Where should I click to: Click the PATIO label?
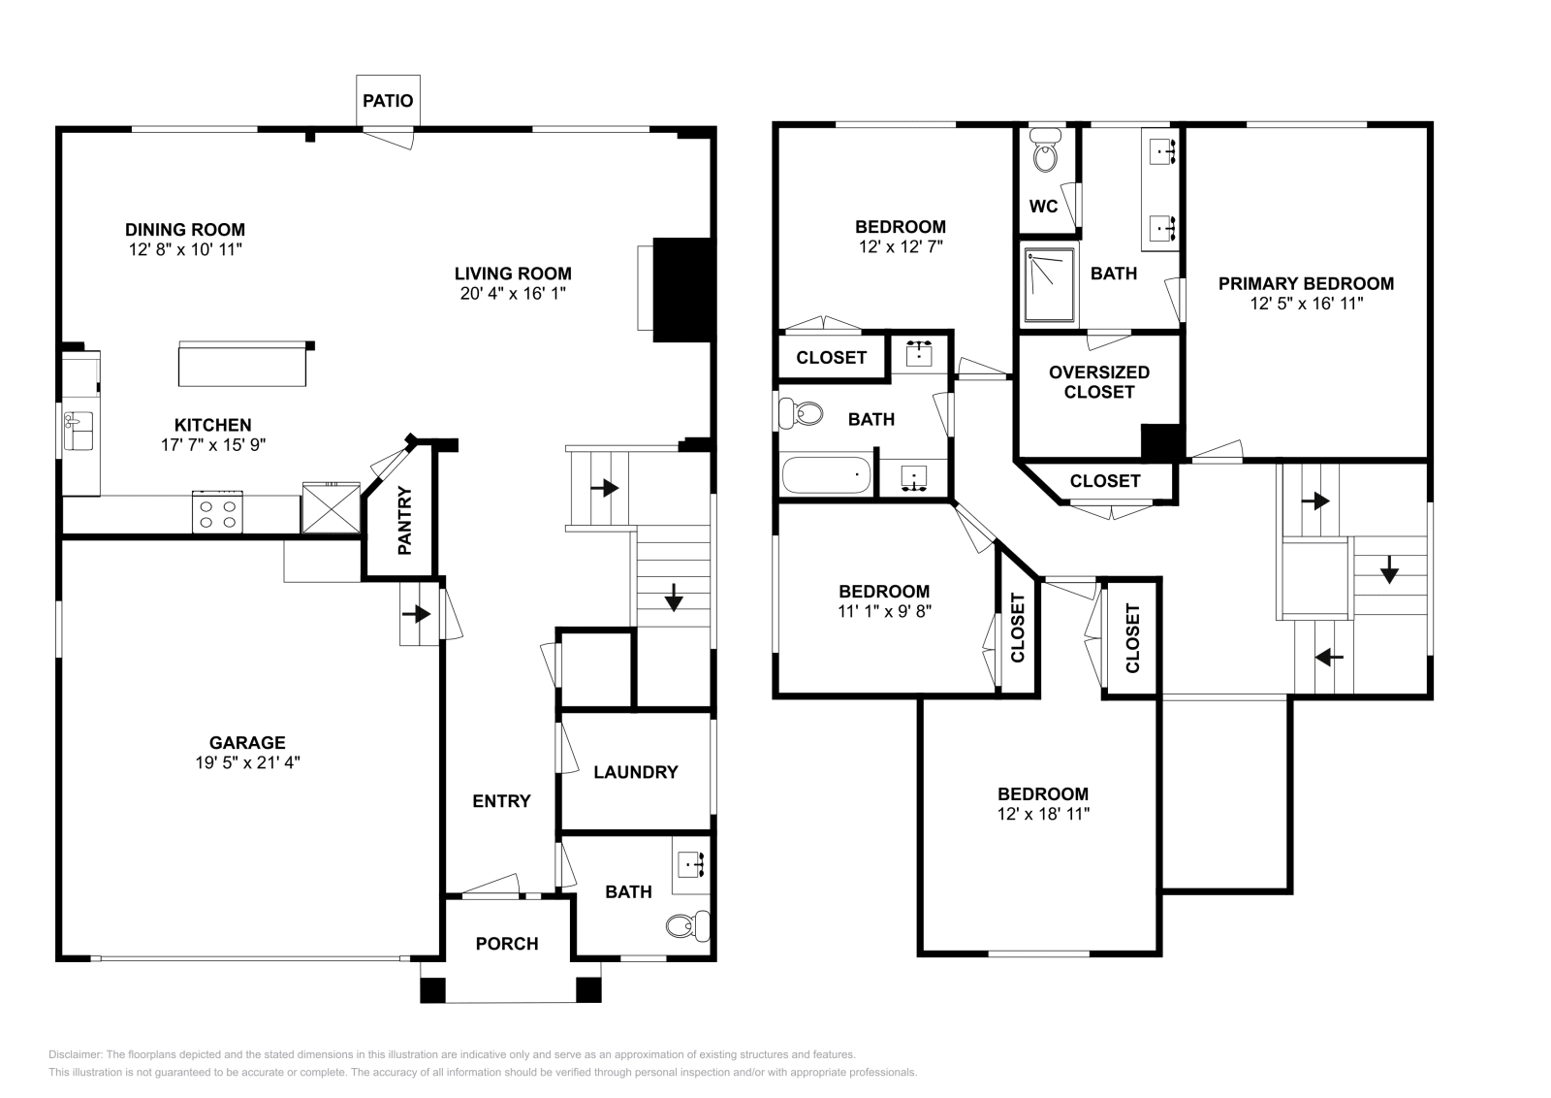click(388, 101)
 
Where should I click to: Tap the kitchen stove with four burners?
click(217, 512)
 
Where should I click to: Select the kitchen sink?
click(79, 431)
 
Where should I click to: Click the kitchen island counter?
click(242, 364)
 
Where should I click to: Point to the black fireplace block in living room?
click(682, 290)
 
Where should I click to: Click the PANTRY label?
click(405, 520)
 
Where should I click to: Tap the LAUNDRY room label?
click(636, 772)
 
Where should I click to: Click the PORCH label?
click(507, 944)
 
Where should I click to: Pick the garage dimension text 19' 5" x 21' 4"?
click(247, 762)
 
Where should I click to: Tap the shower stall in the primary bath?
click(1050, 285)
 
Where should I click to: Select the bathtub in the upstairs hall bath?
click(826, 474)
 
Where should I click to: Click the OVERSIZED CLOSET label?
click(1099, 382)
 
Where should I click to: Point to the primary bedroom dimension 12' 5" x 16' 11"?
click(1307, 304)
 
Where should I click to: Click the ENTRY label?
click(501, 801)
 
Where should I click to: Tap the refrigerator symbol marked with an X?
click(332, 508)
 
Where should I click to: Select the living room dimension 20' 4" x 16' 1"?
click(513, 294)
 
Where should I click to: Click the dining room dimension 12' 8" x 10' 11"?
click(185, 249)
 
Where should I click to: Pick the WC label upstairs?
click(1043, 207)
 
